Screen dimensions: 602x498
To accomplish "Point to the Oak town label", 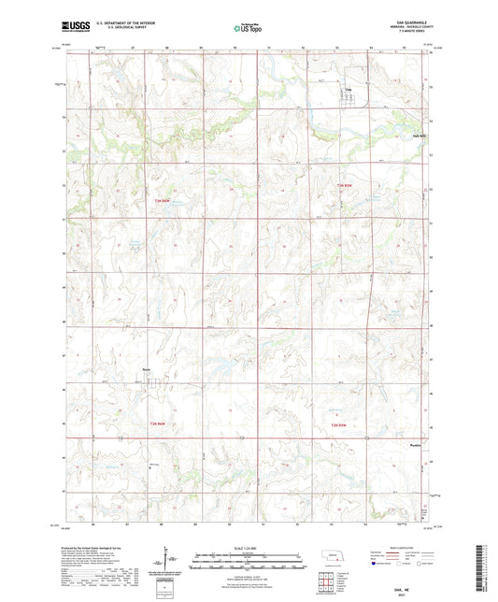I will (349, 90).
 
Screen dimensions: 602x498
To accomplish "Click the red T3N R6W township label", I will (164, 199).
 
